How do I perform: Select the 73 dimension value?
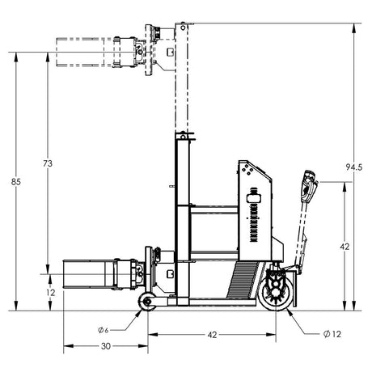48,163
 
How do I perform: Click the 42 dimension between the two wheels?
212,333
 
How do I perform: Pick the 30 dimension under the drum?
105,346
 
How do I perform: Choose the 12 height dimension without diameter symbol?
50,292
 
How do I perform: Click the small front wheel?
146,303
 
